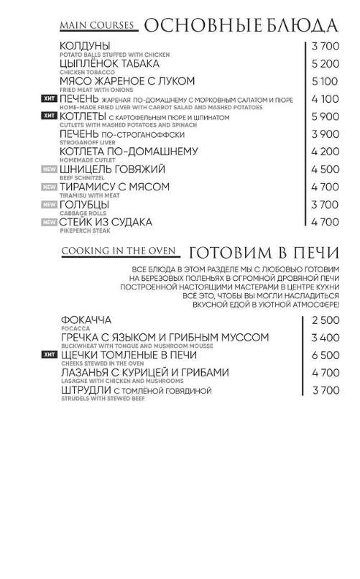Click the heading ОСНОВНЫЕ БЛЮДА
tap(240, 27)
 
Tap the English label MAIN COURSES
tap(98, 27)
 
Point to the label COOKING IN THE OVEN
tap(119, 251)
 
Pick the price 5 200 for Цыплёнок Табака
tap(325, 64)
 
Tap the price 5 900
tap(325, 116)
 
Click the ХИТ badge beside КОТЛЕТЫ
tap(50, 116)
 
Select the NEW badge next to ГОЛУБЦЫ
tap(50, 205)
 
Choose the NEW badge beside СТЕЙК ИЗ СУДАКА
tap(50, 222)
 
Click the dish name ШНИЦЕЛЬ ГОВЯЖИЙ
tap(114, 169)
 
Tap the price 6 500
tap(325, 356)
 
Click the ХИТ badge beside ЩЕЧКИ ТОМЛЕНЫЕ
tap(50, 355)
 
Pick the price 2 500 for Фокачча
tap(325, 320)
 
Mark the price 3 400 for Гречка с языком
tap(325, 338)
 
